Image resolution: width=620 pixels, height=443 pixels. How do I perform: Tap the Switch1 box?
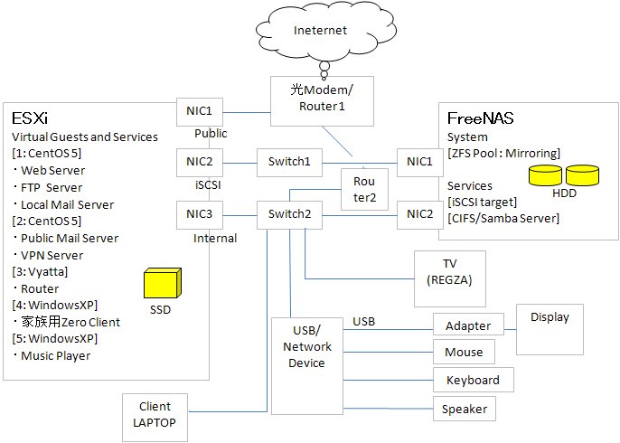coord(288,163)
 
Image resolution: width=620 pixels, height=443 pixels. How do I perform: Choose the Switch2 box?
coord(288,214)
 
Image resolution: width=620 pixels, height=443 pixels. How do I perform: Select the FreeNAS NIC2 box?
coord(418,214)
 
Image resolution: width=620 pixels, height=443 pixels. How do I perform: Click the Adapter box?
coord(468,325)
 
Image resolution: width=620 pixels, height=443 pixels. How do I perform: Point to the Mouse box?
coord(464,353)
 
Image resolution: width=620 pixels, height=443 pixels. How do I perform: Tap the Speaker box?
coord(464,410)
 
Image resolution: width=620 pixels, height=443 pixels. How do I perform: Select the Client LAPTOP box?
coord(155,414)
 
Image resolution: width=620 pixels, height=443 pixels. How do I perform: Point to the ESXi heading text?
coord(30,118)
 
